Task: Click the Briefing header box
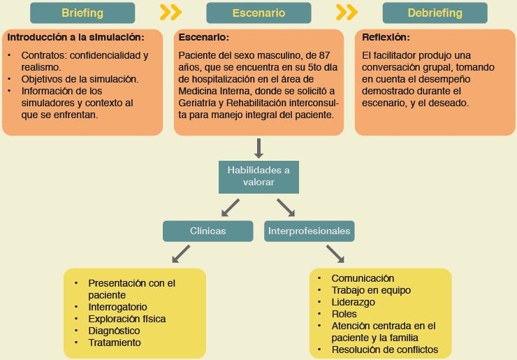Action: (x=82, y=13)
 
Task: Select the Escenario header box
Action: (x=258, y=13)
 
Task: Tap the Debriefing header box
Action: (x=435, y=13)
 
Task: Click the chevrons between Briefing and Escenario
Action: (x=170, y=13)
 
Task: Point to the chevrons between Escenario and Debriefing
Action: (x=347, y=13)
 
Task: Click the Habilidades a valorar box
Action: (x=258, y=176)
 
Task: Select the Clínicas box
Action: (x=208, y=231)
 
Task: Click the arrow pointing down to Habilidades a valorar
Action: (x=258, y=148)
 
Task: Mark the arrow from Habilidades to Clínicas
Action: (x=229, y=207)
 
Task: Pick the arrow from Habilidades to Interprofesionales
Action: (x=286, y=207)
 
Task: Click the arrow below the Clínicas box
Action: (x=181, y=254)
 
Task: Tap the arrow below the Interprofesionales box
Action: (x=335, y=254)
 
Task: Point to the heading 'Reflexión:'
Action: (x=386, y=37)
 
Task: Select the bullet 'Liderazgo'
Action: (x=353, y=302)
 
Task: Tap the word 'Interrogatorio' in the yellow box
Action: (x=117, y=307)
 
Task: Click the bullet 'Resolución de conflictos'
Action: (x=384, y=350)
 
